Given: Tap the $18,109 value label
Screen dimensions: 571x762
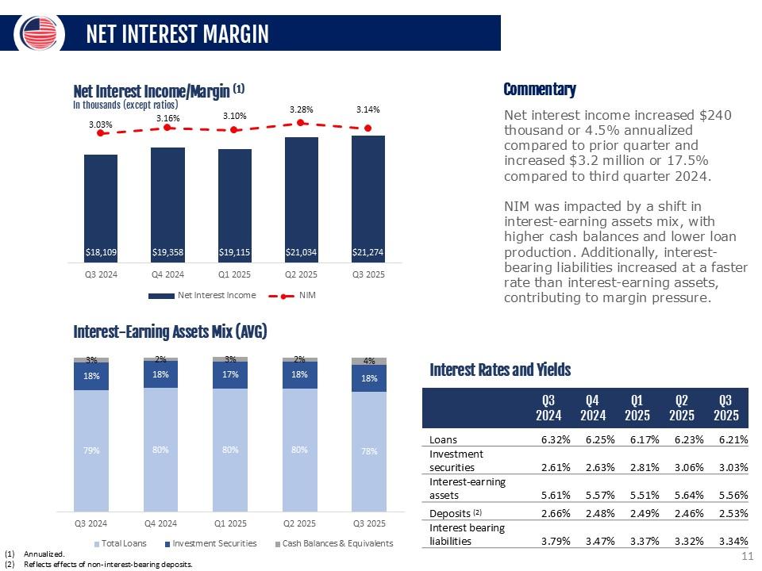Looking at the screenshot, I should tap(101, 253).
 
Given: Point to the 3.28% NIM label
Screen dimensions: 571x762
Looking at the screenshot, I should tap(301, 109).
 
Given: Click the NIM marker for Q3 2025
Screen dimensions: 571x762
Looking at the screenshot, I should tap(368, 128).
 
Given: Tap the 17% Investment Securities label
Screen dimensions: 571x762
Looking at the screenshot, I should tap(230, 375).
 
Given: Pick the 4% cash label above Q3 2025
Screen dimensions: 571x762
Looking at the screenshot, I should tap(369, 360).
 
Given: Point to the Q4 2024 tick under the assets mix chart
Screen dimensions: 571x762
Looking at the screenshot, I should tap(160, 523).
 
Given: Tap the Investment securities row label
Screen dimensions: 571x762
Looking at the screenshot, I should tap(456, 460).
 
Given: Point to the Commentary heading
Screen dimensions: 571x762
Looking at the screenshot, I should tap(540, 89).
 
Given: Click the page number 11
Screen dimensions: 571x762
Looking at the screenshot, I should tap(746, 557).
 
